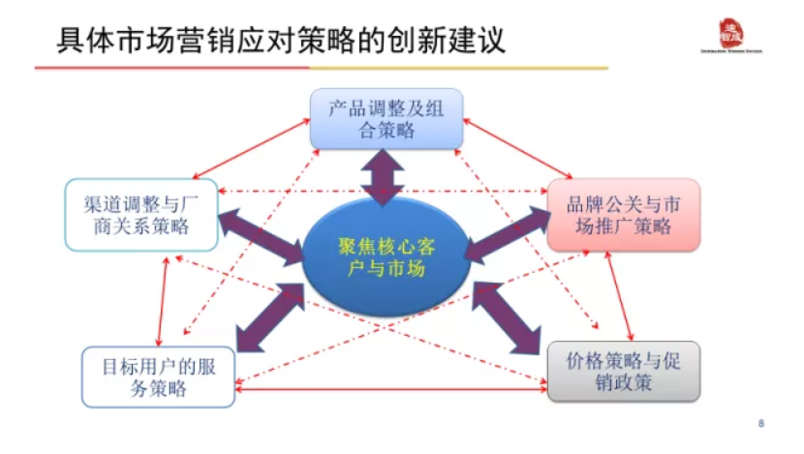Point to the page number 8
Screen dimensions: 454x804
pyautogui.click(x=760, y=423)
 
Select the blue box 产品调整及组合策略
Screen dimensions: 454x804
pyautogui.click(x=387, y=118)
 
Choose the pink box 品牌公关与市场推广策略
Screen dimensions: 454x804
pyautogui.click(x=623, y=215)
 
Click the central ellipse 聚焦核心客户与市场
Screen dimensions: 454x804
pyautogui.click(x=387, y=257)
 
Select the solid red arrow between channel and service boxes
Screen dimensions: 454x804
pyautogui.click(x=164, y=300)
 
